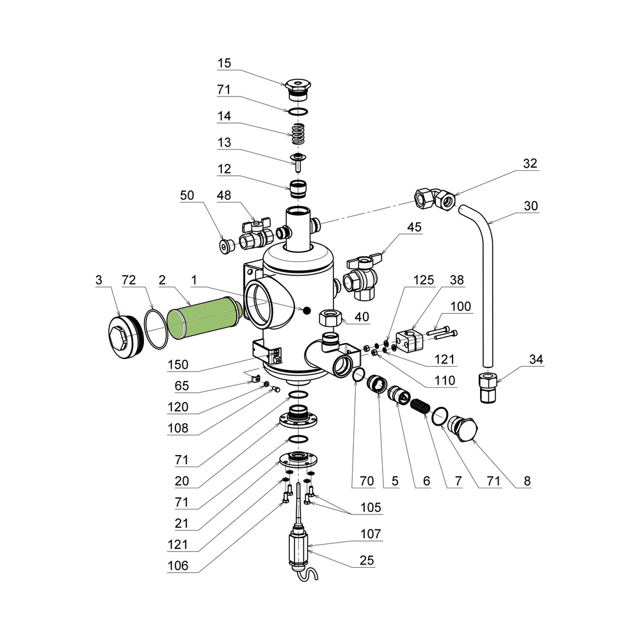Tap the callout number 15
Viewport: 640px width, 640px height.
tap(224, 63)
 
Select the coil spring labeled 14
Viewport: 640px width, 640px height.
tap(298, 134)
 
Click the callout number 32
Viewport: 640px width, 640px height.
tap(530, 163)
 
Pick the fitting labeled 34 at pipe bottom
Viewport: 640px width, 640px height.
tap(487, 387)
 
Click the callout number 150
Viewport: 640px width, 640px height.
tap(177, 365)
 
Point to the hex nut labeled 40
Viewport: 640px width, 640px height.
tap(330, 317)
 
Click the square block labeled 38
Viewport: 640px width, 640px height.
tap(410, 341)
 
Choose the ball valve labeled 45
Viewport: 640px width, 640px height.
tap(362, 278)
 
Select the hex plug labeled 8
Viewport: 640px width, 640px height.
tap(463, 429)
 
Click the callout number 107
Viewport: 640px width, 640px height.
tap(371, 534)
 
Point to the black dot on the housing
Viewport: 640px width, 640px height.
tap(307, 310)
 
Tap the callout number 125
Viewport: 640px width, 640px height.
tap(423, 280)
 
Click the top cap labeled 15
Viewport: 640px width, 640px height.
tap(298, 90)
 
